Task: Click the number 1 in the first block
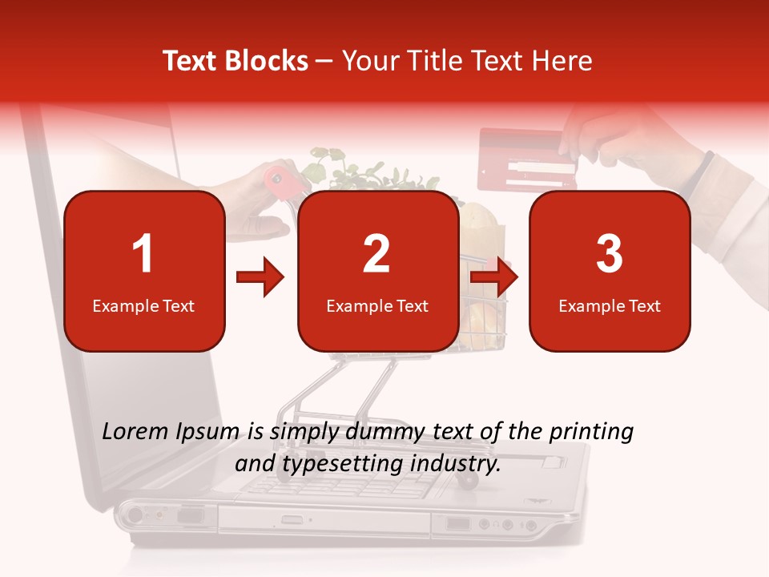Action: [143, 254]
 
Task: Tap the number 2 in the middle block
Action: [376, 254]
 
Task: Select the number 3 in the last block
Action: [610, 254]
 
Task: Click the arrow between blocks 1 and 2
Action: [260, 278]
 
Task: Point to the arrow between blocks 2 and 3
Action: [494, 278]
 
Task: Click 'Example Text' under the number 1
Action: [143, 306]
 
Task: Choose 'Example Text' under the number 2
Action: [377, 306]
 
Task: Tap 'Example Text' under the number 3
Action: [610, 306]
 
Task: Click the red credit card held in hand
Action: [526, 158]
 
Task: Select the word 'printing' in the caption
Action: [591, 432]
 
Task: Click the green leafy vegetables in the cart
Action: [352, 172]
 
